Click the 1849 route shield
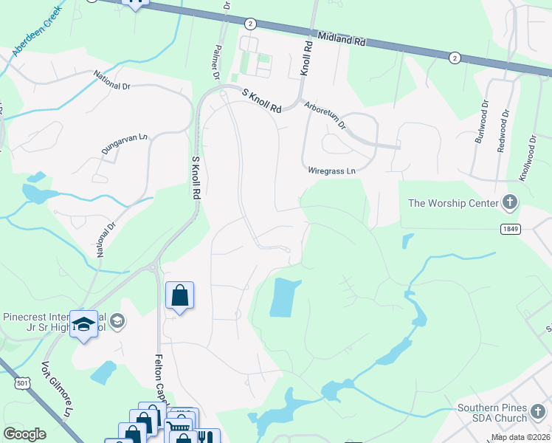(x=510, y=229)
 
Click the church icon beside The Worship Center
(x=509, y=202)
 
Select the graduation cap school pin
(x=83, y=323)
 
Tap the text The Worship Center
(x=452, y=203)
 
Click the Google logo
(x=24, y=434)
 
